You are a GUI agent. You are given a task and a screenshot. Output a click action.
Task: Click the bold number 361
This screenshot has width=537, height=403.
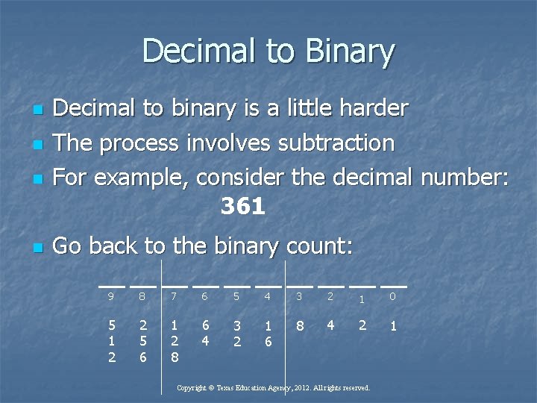click(x=243, y=207)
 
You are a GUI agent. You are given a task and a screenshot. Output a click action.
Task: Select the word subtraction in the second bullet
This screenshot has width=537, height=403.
click(x=336, y=142)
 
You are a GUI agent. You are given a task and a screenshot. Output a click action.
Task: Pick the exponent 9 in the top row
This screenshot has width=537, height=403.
click(x=111, y=297)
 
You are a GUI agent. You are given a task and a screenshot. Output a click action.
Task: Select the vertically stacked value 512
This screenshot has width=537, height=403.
click(x=111, y=341)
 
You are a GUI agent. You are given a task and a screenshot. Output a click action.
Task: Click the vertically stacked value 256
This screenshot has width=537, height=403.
click(x=142, y=341)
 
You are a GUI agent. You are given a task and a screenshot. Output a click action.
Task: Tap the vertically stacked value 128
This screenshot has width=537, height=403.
click(x=174, y=341)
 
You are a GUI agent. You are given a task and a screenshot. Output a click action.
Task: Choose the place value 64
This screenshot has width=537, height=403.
click(x=205, y=333)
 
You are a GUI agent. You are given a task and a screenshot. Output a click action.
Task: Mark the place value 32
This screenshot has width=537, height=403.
click(x=236, y=334)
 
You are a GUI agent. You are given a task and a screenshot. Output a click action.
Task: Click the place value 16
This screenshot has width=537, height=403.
click(x=268, y=334)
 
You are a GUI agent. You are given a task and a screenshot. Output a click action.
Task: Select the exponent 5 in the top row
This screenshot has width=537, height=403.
click(x=236, y=297)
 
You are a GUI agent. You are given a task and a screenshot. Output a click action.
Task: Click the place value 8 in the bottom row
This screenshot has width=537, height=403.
click(x=299, y=325)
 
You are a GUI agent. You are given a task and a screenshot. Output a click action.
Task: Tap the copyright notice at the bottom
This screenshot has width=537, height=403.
click(x=273, y=388)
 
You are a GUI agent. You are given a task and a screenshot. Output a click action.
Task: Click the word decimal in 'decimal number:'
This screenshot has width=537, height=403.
click(x=371, y=176)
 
